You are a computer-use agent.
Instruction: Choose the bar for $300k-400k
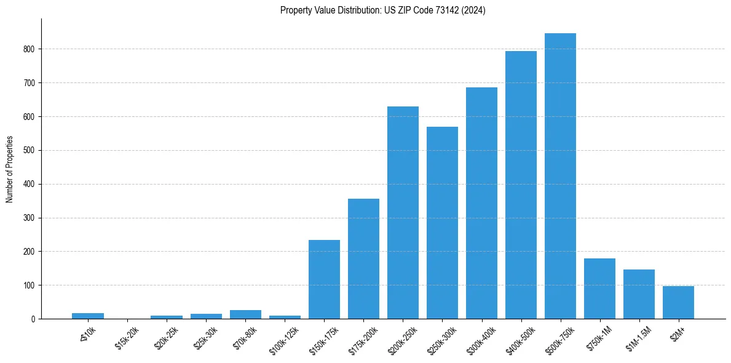click(481, 203)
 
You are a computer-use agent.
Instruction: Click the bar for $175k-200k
click(363, 258)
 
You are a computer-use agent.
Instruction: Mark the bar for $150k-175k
click(324, 279)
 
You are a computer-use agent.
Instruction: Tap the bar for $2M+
click(678, 302)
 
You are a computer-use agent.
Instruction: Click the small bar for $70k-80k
click(245, 314)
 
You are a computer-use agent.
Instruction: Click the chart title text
click(382, 10)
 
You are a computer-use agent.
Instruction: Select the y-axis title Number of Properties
click(10, 169)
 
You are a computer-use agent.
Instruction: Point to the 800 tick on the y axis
click(31, 49)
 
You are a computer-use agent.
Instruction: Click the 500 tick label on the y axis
click(31, 150)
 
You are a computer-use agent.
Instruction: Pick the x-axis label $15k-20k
click(127, 338)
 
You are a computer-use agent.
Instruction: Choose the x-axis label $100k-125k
click(283, 339)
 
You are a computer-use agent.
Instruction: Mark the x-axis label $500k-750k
click(559, 339)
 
